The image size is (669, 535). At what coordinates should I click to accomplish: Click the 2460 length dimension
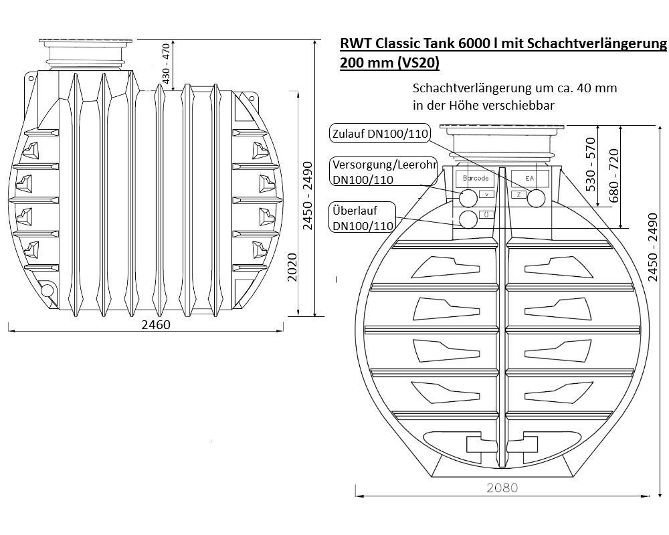(156, 325)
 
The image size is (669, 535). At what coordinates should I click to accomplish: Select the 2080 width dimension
(502, 488)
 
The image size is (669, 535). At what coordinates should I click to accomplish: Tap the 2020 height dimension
(292, 267)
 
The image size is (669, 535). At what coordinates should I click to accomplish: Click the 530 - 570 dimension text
(591, 165)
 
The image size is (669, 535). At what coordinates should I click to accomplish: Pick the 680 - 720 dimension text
(613, 176)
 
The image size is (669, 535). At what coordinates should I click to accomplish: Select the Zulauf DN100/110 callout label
(380, 134)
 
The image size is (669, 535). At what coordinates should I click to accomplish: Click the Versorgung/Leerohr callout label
(384, 171)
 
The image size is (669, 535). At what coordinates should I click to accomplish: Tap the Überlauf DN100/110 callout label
(363, 217)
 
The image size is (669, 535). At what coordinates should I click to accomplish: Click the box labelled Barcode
(475, 179)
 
